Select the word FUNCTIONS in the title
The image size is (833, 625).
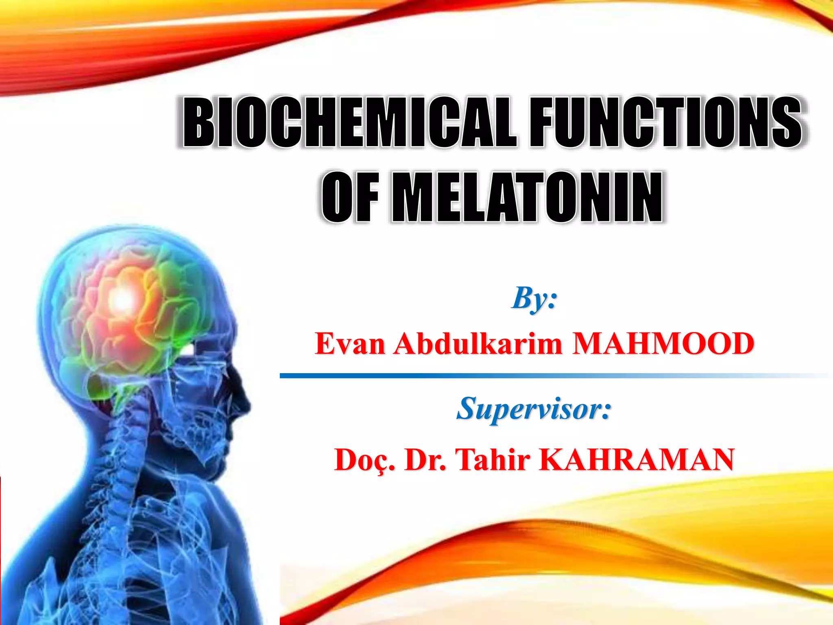(666, 122)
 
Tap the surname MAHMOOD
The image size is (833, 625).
(663, 344)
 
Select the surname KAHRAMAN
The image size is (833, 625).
(637, 460)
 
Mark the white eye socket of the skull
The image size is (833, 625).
(188, 349)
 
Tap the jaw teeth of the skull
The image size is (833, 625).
(203, 427)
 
